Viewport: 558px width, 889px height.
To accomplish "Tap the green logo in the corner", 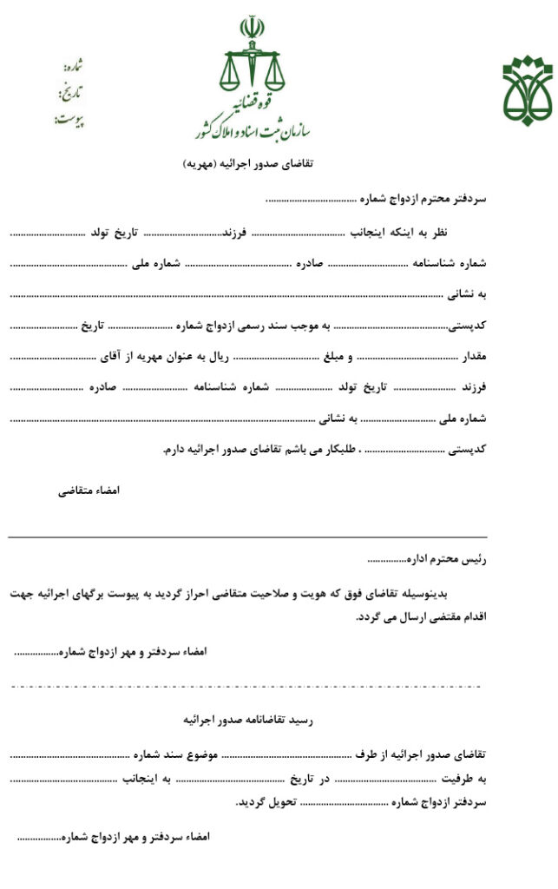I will [x=528, y=90].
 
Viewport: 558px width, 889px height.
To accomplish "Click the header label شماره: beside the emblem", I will [x=73, y=66].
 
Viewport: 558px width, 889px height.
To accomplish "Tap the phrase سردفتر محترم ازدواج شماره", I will [x=423, y=199].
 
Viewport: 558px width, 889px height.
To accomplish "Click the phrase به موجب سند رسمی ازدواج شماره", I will [x=261, y=325].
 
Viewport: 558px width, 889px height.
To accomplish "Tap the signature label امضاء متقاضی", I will [x=89, y=491].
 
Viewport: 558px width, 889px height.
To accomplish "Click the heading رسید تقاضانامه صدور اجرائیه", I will [x=247, y=720].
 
